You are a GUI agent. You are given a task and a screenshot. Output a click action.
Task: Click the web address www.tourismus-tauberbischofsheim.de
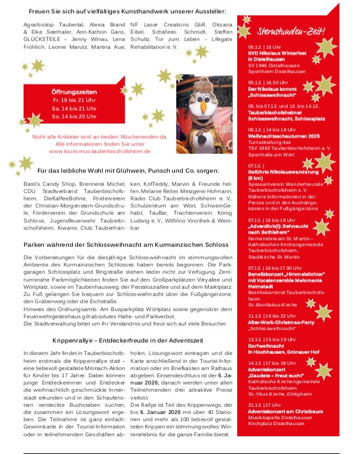[100, 150]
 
